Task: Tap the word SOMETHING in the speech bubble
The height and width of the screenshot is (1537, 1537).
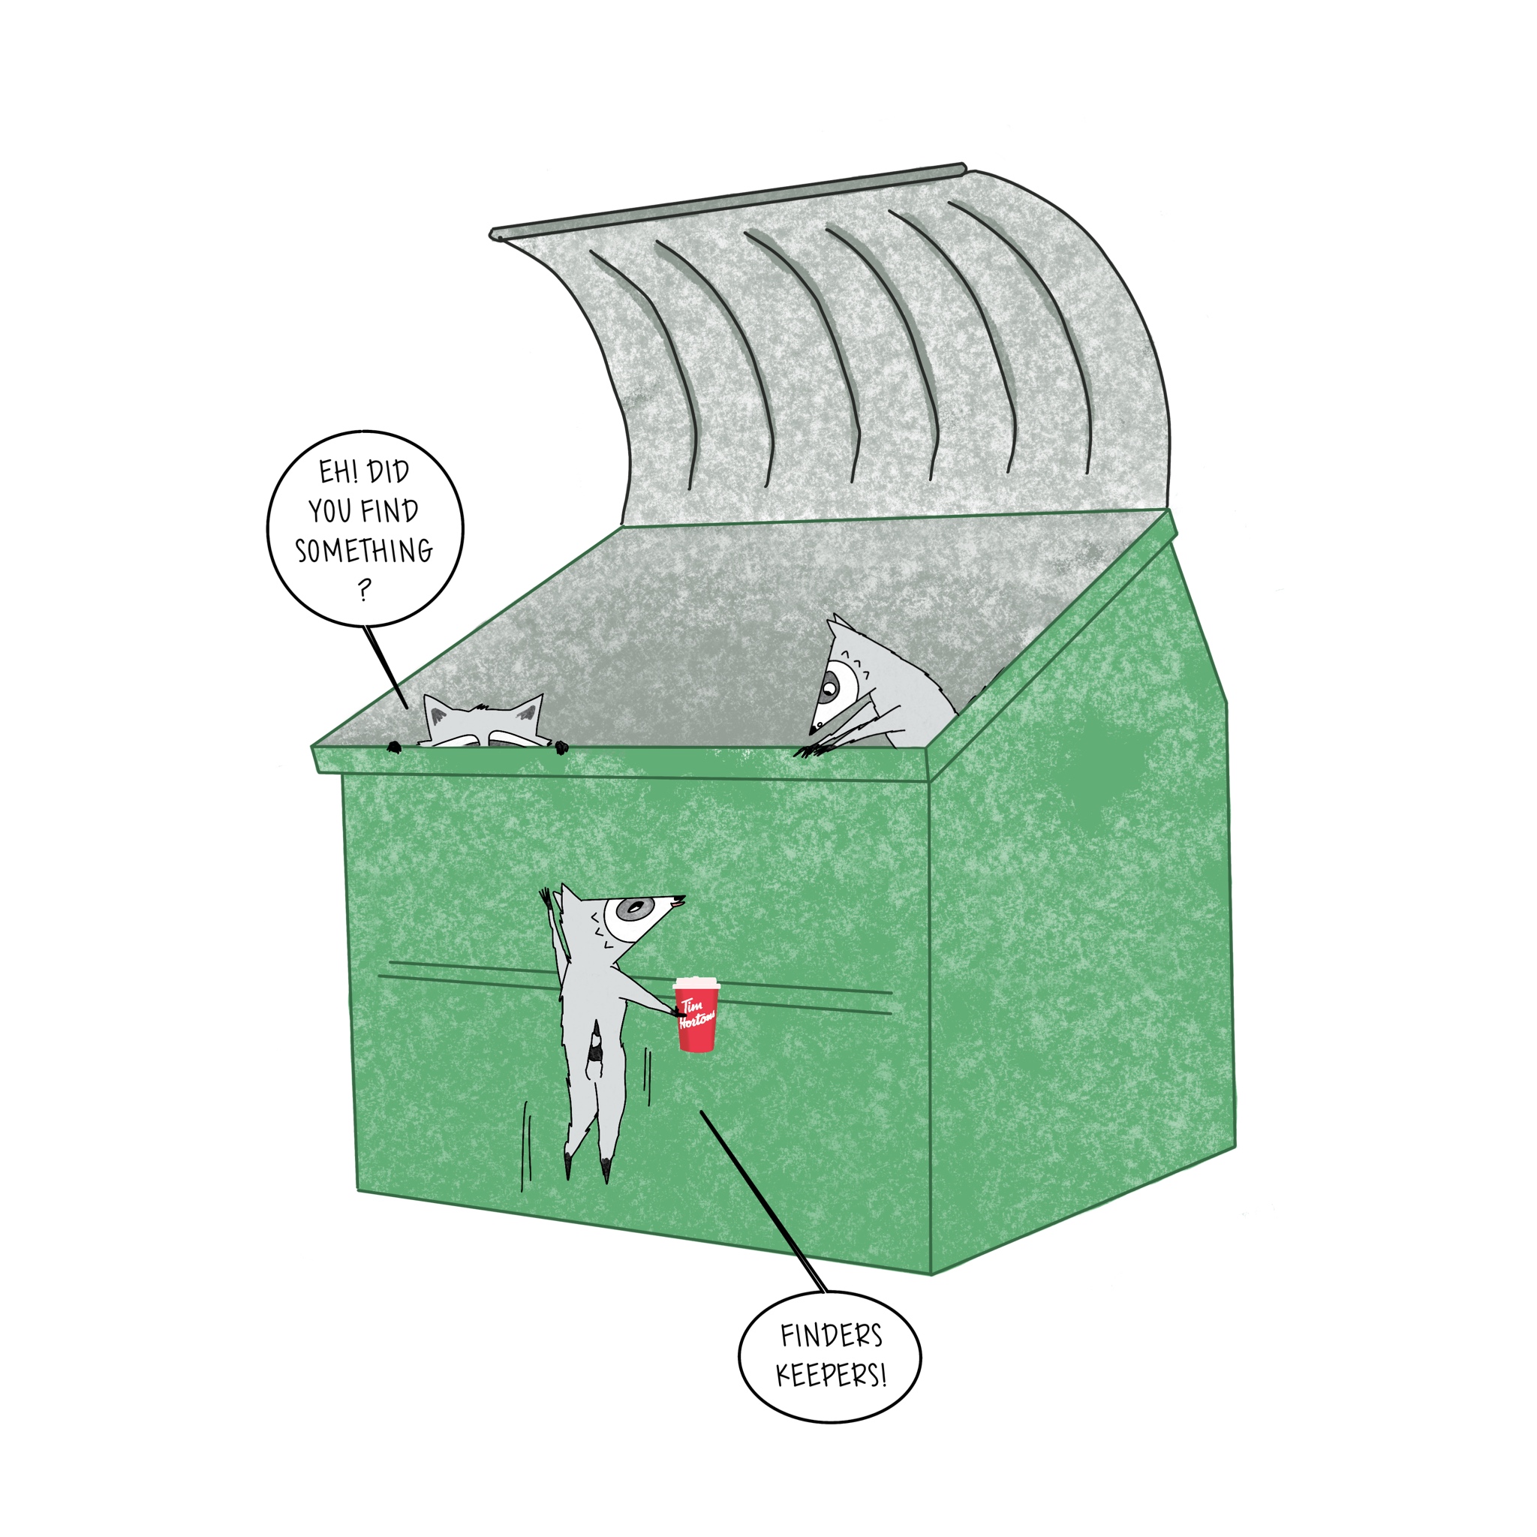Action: [x=364, y=551]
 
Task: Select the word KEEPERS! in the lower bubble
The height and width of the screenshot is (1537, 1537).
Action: [x=832, y=1376]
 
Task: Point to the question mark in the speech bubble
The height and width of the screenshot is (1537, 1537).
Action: [x=364, y=589]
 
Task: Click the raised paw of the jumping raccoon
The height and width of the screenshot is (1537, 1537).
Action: [x=546, y=899]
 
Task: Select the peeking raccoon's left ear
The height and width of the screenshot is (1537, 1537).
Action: [x=437, y=711]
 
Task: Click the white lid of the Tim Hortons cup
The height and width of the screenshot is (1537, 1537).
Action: [x=696, y=984]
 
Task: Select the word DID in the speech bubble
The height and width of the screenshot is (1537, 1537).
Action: [x=389, y=472]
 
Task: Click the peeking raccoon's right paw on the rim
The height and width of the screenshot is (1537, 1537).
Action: [x=561, y=747]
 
